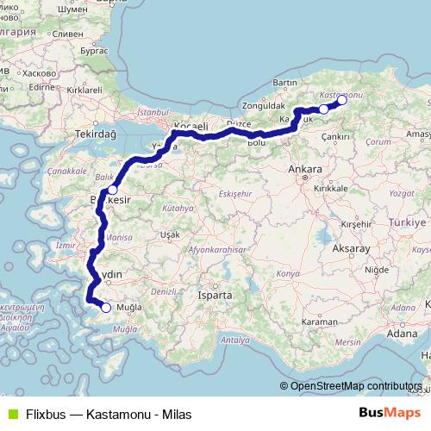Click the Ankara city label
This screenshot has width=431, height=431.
[x=306, y=169]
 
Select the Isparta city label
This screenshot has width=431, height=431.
[x=215, y=295]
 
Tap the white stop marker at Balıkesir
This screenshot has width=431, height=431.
[x=112, y=189]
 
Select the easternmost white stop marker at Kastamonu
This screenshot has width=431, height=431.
[x=341, y=100]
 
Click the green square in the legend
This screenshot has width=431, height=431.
[x=11, y=413]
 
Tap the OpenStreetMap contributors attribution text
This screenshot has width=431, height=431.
[x=357, y=385]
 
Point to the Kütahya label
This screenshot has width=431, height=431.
[x=178, y=208]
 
